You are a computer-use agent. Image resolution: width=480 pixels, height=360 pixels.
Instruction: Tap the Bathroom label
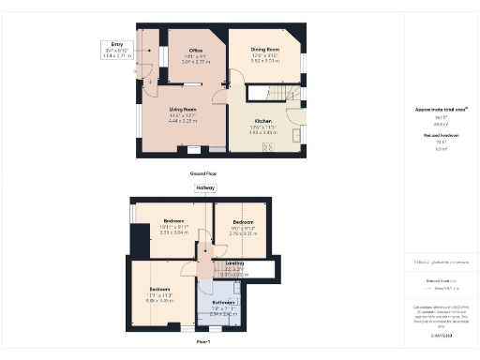coord(223,302)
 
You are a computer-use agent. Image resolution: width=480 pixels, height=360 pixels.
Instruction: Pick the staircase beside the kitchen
coord(281,96)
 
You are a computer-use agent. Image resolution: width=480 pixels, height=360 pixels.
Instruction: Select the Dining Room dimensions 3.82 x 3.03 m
coord(266,61)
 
